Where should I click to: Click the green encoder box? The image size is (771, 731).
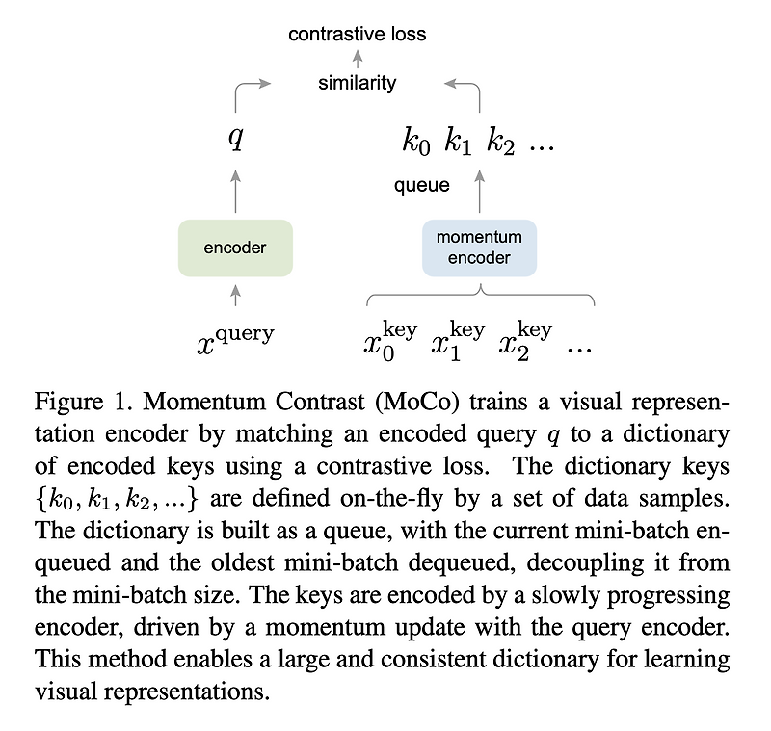235,248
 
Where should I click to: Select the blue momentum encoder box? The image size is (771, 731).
479,248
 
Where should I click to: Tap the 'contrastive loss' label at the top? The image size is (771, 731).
358,34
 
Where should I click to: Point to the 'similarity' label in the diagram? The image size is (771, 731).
357,83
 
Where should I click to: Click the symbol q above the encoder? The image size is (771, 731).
235,140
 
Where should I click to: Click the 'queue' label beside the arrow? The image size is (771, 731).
421,185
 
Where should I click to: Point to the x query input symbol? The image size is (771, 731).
235,340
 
